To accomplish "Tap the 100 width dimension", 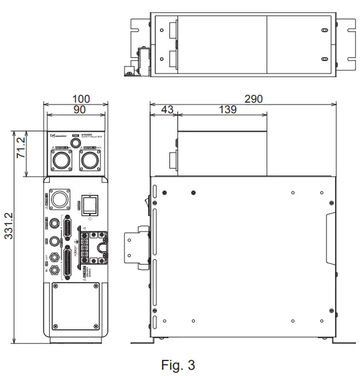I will [x=80, y=98].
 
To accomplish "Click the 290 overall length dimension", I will [x=253, y=98].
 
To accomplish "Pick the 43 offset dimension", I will [x=166, y=110].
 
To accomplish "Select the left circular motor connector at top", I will [x=63, y=161].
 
